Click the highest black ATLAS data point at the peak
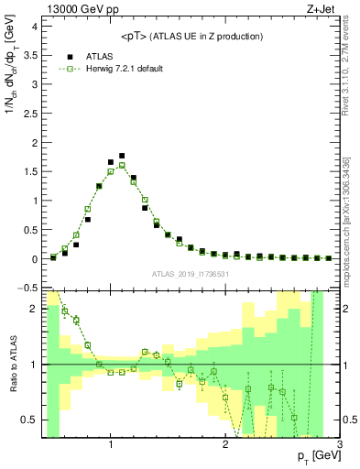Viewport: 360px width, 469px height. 122,156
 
